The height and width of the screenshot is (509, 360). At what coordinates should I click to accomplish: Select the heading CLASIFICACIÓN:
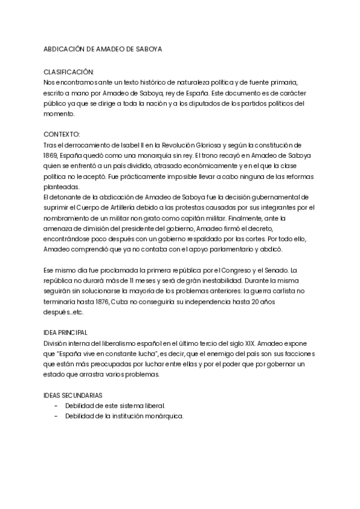pos(69,71)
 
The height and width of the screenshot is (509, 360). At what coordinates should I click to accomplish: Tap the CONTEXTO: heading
pos(62,134)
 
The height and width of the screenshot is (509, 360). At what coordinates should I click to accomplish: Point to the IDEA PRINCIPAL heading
pos(66,331)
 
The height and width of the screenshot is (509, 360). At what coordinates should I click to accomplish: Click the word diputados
pos(199,103)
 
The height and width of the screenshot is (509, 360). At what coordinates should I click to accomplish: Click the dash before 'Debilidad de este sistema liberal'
pos(56,406)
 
